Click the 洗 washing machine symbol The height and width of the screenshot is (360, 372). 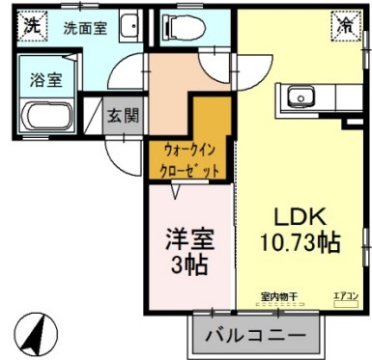[32, 25]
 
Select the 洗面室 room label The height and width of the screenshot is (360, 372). [85, 28]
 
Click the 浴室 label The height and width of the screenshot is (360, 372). [45, 78]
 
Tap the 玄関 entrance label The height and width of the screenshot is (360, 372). [123, 116]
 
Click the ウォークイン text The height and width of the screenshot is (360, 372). [188, 152]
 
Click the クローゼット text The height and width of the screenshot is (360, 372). [188, 170]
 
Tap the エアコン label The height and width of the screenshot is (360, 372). [345, 296]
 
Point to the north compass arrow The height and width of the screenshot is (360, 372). [36, 333]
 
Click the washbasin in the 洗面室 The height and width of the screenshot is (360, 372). [132, 26]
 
